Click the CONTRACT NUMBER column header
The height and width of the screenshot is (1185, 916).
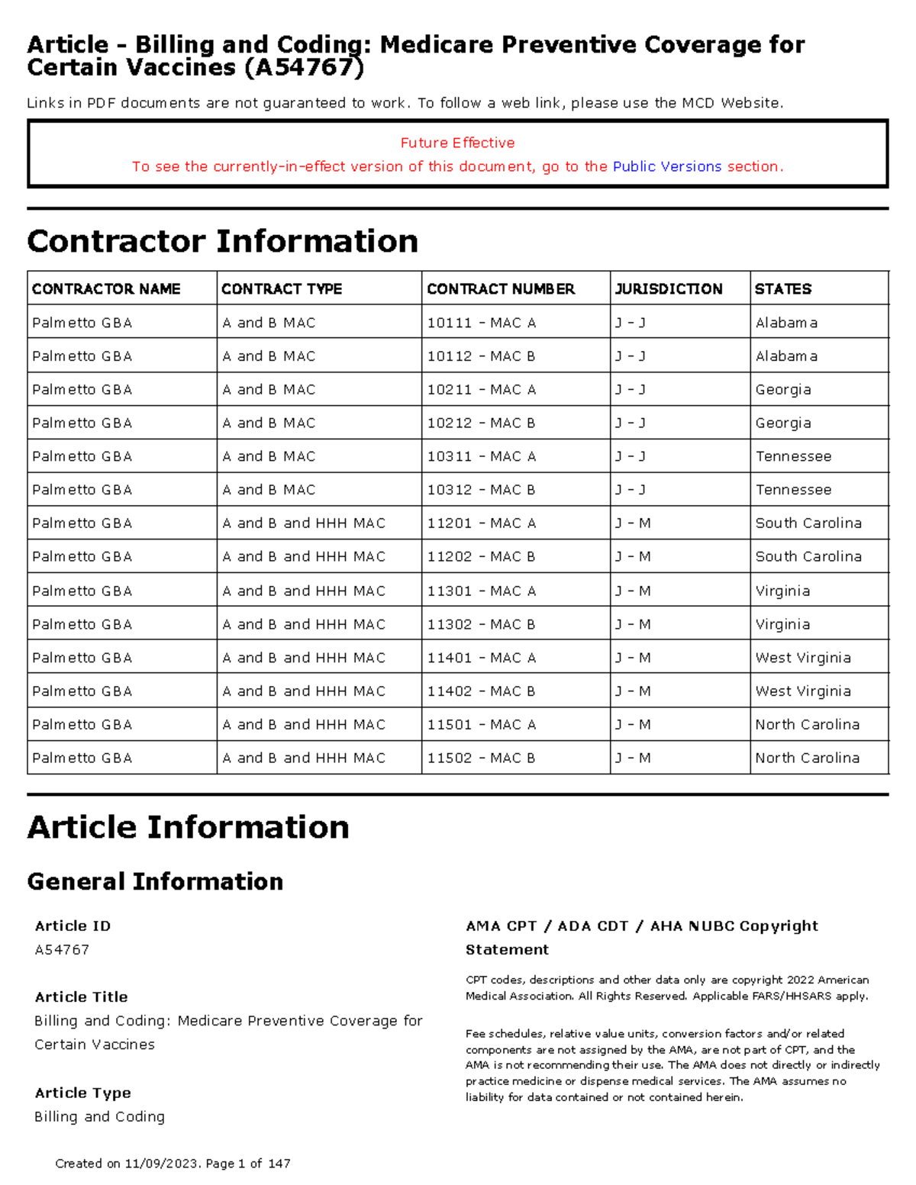tap(500, 288)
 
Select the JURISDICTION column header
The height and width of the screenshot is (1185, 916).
tap(668, 288)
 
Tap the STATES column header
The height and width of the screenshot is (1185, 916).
tap(782, 288)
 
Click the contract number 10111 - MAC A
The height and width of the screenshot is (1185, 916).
tap(481, 323)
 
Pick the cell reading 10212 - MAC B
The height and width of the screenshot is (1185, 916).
tap(481, 423)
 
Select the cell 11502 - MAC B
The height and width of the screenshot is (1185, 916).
tap(481, 758)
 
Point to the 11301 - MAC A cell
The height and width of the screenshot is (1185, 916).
tap(481, 591)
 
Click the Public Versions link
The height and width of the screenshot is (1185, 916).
tap(666, 166)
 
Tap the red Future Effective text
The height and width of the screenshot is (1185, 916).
tap(457, 143)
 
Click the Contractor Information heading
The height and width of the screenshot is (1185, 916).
tap(222, 241)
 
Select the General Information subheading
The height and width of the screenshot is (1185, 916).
tap(155, 881)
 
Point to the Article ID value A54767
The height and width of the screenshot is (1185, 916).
tap(62, 949)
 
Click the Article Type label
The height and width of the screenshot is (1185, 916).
tap(82, 1093)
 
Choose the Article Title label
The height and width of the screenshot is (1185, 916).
tap(81, 997)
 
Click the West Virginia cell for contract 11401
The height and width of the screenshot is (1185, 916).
tap(802, 658)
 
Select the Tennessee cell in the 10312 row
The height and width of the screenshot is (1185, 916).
tap(793, 490)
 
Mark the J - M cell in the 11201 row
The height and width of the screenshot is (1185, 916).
tap(633, 523)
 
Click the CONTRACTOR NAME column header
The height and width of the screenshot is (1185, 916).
tap(106, 288)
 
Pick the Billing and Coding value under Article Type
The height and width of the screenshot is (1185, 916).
tap(99, 1116)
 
